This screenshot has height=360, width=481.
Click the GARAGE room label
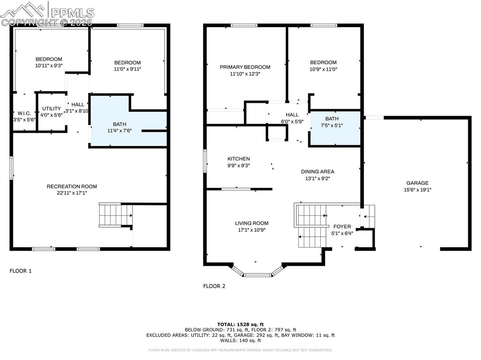click(417, 183)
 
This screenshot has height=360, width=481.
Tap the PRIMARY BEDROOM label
click(245, 67)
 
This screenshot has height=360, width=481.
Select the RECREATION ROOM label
click(72, 186)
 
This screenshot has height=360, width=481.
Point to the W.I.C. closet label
click(23, 113)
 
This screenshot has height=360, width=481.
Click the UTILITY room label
click(52, 108)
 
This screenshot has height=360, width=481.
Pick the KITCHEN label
click(239, 159)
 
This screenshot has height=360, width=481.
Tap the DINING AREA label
click(318, 172)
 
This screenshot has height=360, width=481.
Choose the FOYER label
click(342, 227)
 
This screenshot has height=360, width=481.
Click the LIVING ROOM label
click(251, 223)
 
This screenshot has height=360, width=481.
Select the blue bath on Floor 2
click(334, 128)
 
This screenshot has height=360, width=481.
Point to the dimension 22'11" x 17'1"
click(72, 192)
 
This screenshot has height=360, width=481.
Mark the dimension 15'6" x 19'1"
click(417, 190)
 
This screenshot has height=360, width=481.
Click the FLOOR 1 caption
click(21, 271)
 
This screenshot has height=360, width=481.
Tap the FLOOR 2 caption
click(214, 286)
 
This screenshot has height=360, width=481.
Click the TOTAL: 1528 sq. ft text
click(240, 324)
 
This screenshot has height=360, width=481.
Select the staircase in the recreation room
click(115, 215)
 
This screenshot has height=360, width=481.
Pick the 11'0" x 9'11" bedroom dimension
click(127, 69)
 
